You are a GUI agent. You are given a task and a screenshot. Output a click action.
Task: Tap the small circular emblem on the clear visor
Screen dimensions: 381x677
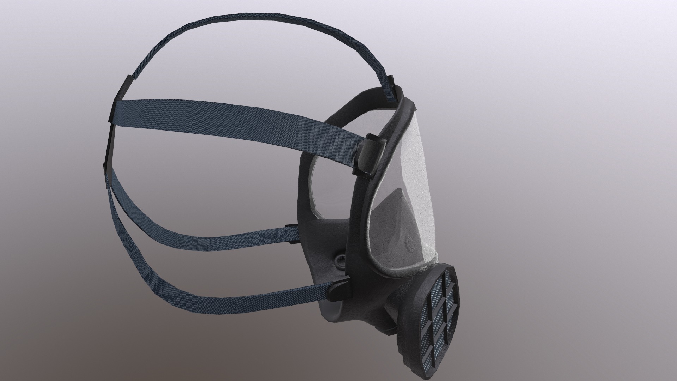point(410,243)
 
